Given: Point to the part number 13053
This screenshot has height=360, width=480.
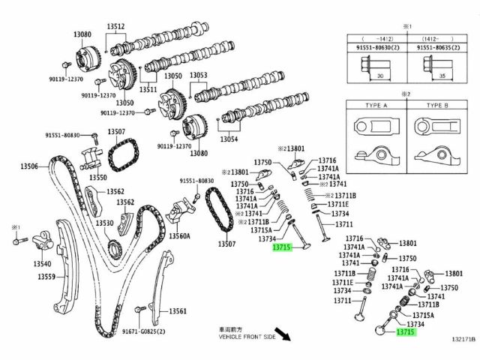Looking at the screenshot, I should point(198,76).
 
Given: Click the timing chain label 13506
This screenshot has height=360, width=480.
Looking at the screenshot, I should point(28,165).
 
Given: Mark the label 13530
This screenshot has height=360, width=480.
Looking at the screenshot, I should point(104,223).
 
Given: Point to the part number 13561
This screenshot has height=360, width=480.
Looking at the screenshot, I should point(177,311).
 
